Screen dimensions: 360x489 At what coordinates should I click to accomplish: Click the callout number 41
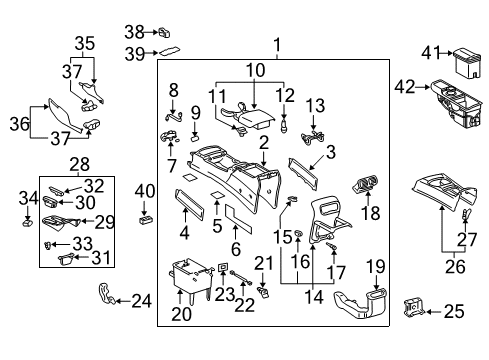[x=431, y=52]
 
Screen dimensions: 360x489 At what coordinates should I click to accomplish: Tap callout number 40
[x=145, y=191]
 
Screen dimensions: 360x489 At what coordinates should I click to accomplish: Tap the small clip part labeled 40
[x=146, y=212]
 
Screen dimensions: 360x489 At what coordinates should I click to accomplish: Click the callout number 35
[x=83, y=43]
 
